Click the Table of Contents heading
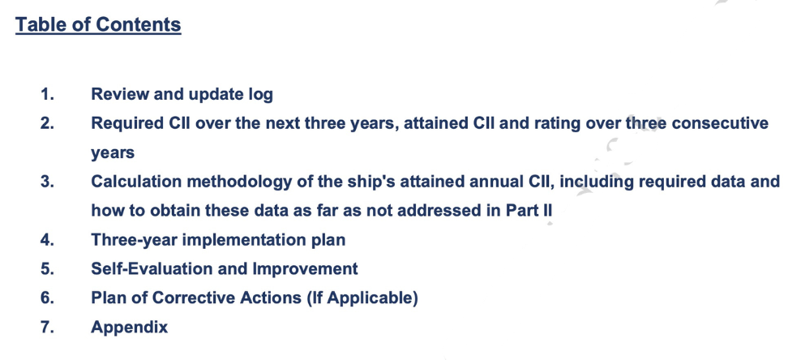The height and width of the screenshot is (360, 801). pyautogui.click(x=98, y=24)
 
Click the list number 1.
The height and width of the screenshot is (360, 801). pyautogui.click(x=47, y=95)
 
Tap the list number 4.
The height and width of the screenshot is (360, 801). pyautogui.click(x=47, y=240)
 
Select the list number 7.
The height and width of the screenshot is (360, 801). pyautogui.click(x=47, y=328)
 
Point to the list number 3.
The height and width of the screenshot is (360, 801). pyautogui.click(x=47, y=182)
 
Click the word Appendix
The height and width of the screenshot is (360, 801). pyautogui.click(x=129, y=328)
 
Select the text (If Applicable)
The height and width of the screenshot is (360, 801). pyautogui.click(x=362, y=298)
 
